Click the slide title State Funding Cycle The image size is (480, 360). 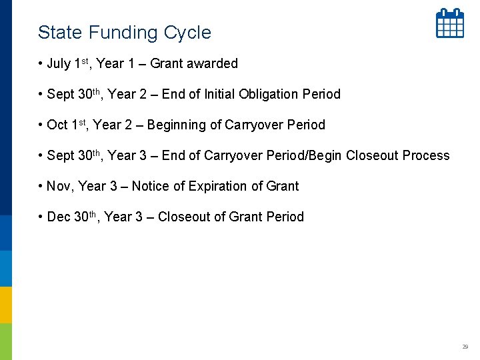click(x=124, y=32)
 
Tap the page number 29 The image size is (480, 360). click(x=465, y=347)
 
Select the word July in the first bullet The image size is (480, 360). click(x=59, y=64)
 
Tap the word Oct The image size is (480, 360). click(x=57, y=125)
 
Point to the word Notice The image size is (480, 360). click(x=149, y=187)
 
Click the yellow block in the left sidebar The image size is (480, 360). click(x=6, y=305)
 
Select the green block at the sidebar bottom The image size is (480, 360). click(x=6, y=341)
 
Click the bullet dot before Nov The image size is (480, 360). click(x=41, y=187)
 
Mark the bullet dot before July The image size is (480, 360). click(x=41, y=64)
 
